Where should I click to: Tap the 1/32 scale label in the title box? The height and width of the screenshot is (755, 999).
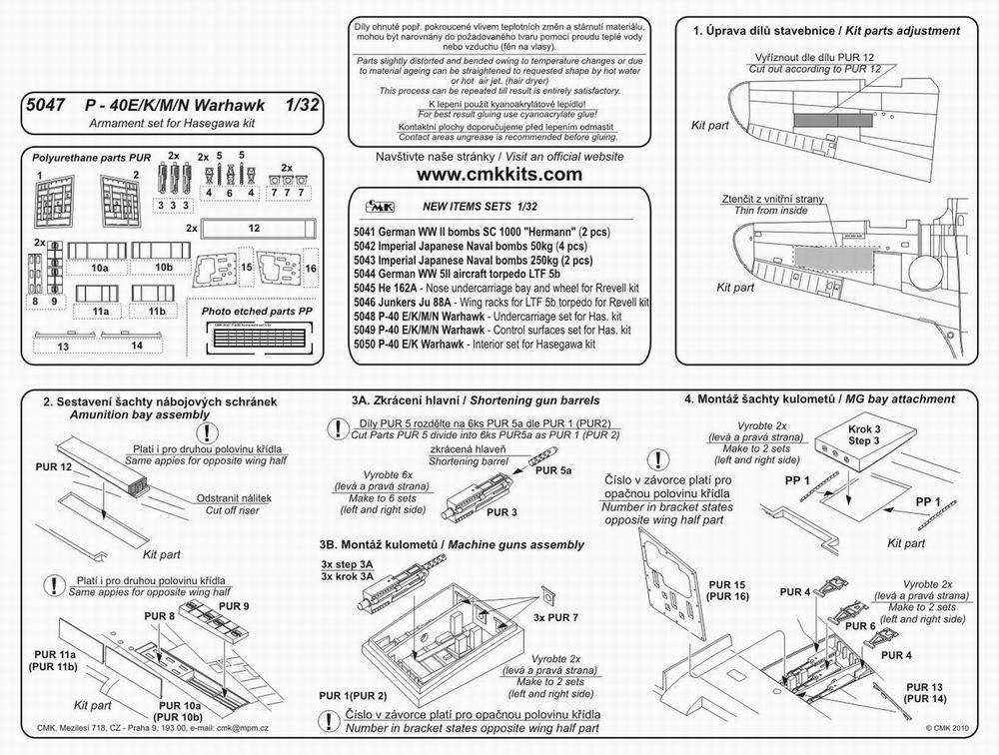click(305, 104)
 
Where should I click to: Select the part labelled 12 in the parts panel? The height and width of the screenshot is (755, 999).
click(255, 228)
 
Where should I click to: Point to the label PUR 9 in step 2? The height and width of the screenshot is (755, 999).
click(233, 606)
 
